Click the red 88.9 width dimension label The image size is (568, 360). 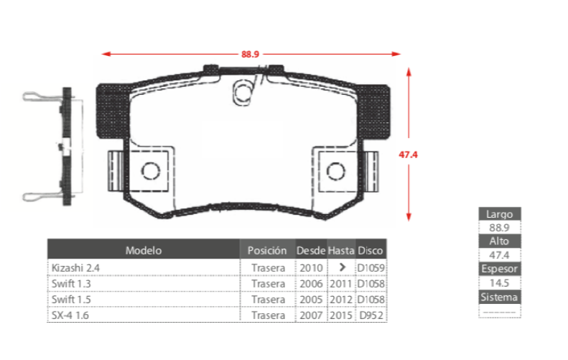pos(250,54)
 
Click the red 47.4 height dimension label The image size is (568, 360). pos(409,154)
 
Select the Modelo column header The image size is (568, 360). pos(144,250)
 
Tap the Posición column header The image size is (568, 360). pos(267,250)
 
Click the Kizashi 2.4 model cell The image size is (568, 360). pos(75,268)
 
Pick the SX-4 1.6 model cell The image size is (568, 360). pos(70,315)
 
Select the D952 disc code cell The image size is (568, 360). pos(371,315)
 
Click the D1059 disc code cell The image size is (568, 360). pos(371,268)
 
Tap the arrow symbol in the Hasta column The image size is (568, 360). pos(342,267)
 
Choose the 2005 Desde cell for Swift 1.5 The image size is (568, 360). pos(311,300)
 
